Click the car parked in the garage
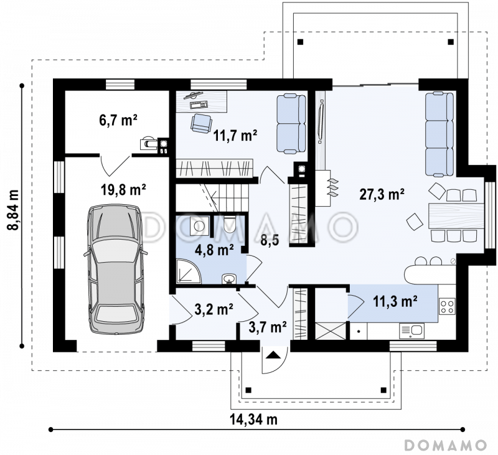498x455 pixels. pyautogui.click(x=116, y=270)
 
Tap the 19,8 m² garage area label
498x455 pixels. pyautogui.click(x=123, y=190)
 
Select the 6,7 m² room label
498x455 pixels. pyautogui.click(x=118, y=120)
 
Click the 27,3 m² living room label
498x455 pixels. pyautogui.click(x=382, y=194)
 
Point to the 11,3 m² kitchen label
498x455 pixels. pyautogui.click(x=395, y=301)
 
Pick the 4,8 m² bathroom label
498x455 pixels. pyautogui.click(x=214, y=250)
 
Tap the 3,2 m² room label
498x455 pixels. pyautogui.click(x=214, y=309)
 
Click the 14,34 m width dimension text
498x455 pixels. pyautogui.click(x=253, y=420)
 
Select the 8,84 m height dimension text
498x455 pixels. pyautogui.click(x=13, y=210)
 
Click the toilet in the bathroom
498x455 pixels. pyautogui.click(x=229, y=225)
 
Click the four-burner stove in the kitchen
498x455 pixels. pyautogui.click(x=447, y=306)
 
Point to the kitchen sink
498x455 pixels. pyautogui.click(x=411, y=331)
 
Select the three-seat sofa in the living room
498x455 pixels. pyautogui.click(x=439, y=134)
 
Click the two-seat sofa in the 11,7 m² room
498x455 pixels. pyautogui.click(x=291, y=123)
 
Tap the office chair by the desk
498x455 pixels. pyautogui.click(x=201, y=123)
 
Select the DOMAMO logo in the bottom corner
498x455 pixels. pyautogui.click(x=445, y=445)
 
